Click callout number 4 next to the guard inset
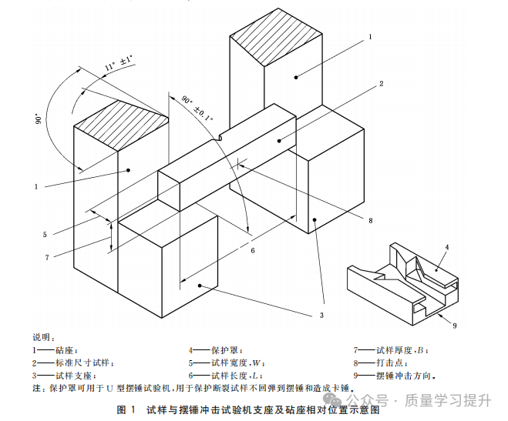point(446,247)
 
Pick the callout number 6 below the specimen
point(252,249)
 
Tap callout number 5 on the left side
point(45,234)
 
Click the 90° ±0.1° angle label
point(197,107)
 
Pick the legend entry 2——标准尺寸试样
point(73,363)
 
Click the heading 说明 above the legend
point(43,337)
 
